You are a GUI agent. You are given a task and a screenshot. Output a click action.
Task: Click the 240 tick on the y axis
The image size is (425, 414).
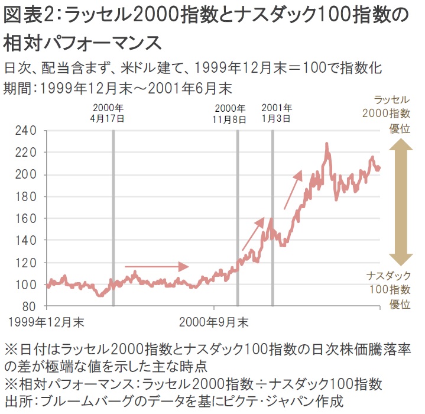click(x=27, y=130)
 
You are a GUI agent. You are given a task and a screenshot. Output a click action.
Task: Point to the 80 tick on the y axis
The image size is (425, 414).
click(x=30, y=306)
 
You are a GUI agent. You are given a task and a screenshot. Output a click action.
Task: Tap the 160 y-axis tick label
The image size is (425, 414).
click(x=27, y=218)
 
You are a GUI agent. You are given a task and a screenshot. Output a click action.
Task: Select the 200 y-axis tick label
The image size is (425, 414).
click(x=27, y=174)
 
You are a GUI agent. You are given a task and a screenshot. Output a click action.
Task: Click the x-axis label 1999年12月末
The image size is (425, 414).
click(x=46, y=322)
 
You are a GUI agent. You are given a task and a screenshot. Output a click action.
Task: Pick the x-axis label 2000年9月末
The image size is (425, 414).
click(x=213, y=322)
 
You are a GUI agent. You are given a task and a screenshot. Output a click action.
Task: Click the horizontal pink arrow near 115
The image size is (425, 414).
click(x=156, y=266)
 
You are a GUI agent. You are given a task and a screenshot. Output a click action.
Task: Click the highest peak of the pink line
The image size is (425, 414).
click(x=326, y=144)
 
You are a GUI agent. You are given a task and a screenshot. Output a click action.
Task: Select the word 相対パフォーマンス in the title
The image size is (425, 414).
click(x=83, y=43)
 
